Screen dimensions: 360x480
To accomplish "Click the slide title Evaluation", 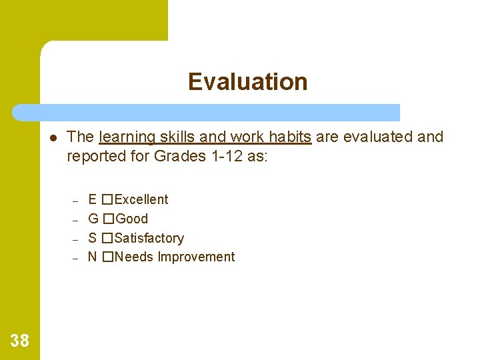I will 247,82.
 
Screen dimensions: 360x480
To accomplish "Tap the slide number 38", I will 20,341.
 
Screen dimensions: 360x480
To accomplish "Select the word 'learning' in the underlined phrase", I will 125,137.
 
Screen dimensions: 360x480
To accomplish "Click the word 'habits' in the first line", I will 290,137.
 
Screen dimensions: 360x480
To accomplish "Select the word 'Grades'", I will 175,156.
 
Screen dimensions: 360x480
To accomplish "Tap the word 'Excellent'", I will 141,199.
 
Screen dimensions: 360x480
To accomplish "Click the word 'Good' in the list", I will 132,219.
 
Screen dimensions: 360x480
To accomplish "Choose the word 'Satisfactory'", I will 149,238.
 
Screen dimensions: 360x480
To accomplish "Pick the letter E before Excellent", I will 93,199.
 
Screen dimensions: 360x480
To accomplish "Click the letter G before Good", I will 93,219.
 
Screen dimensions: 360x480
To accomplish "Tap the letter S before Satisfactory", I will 93,238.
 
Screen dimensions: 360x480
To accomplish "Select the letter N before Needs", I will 93,257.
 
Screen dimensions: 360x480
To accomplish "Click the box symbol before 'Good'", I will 109,219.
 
